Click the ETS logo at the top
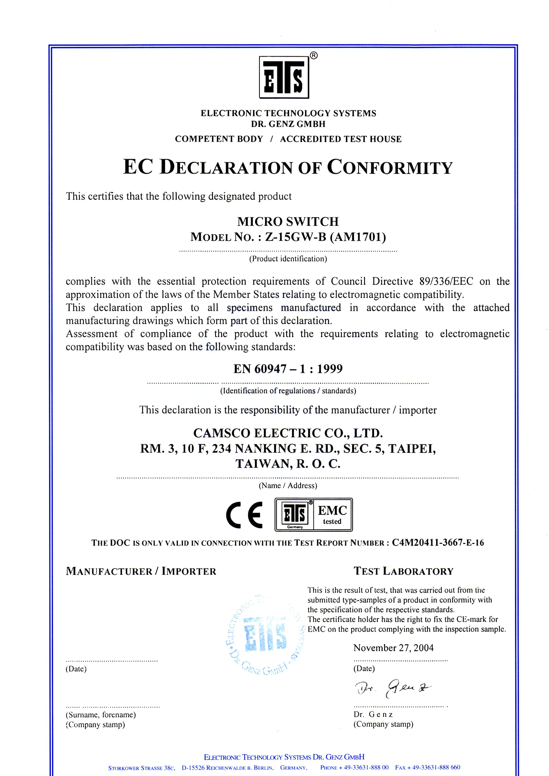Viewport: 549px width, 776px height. click(x=284, y=77)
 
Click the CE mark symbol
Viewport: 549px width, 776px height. click(x=244, y=515)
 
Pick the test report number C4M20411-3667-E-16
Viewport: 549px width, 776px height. click(x=438, y=543)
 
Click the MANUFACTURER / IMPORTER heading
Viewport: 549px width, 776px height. click(x=141, y=571)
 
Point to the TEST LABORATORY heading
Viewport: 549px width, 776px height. click(x=403, y=571)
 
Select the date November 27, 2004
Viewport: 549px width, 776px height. click(x=393, y=648)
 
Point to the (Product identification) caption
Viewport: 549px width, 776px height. click(x=288, y=259)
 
